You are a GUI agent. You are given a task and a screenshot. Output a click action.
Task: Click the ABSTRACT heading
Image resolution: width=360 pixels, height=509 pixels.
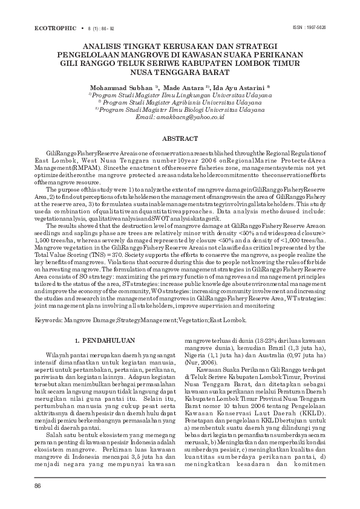coord(180,138)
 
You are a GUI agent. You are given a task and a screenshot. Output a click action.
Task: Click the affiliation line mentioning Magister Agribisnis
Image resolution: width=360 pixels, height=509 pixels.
coord(182,102)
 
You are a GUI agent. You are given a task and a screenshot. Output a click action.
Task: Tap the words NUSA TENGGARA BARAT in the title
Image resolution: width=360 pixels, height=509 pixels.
coord(180,71)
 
